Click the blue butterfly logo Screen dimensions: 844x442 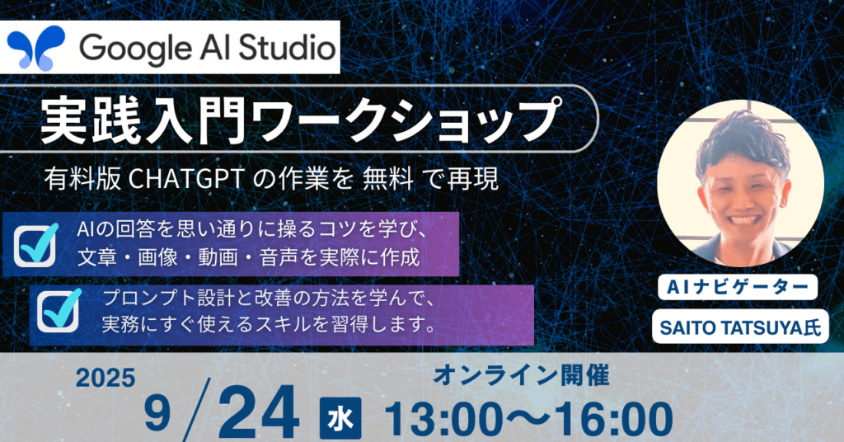click(x=36, y=47)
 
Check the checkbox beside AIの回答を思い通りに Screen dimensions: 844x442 click(x=35, y=245)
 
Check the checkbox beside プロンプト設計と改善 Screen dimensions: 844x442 click(x=59, y=311)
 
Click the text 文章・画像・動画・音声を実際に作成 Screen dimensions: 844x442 click(x=248, y=257)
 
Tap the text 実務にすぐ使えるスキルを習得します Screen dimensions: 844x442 click(x=268, y=324)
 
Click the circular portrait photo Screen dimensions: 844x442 click(x=740, y=183)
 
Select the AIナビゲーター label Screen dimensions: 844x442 click(x=738, y=288)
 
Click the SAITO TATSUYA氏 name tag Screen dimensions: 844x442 click(x=740, y=327)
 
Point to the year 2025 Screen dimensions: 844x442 click(x=105, y=379)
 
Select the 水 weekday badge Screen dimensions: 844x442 click(x=340, y=418)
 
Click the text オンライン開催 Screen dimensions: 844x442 click(x=521, y=375)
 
